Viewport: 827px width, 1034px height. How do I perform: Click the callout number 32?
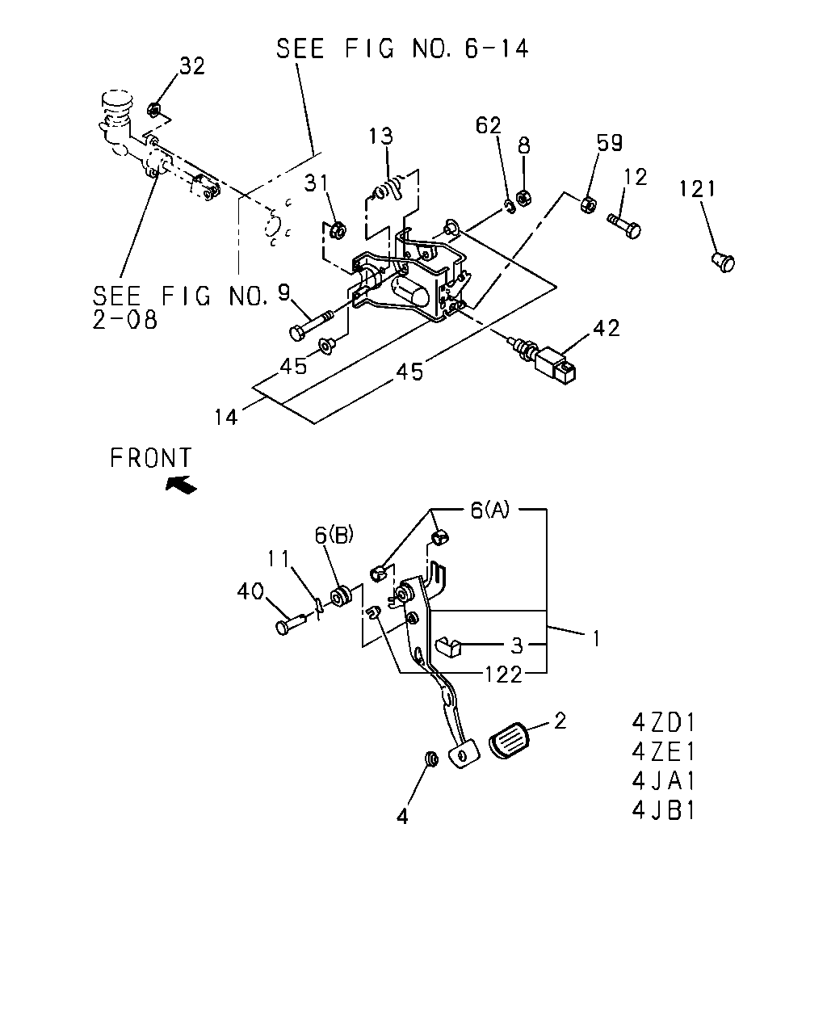coord(192,65)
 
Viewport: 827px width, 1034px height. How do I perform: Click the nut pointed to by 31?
coord(338,230)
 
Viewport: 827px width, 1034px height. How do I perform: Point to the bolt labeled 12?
coord(624,226)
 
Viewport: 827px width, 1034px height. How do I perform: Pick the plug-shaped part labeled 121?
coord(723,262)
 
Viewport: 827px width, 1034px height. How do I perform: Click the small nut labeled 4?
coord(431,759)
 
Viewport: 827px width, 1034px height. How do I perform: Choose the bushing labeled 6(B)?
coord(341,596)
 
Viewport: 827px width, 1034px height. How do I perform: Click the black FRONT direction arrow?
coord(181,484)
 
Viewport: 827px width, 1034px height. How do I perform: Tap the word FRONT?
coord(151,457)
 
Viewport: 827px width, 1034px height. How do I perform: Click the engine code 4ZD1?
coord(664,723)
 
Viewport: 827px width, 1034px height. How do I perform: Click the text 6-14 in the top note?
coord(497,48)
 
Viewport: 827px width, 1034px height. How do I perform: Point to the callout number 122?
coord(503,675)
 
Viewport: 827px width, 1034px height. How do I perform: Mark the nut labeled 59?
coord(588,204)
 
